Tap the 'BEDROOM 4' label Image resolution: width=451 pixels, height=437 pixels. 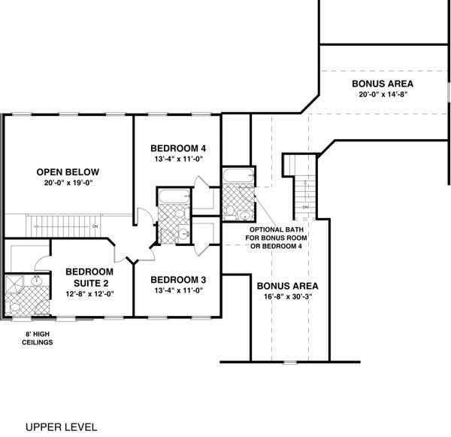177,147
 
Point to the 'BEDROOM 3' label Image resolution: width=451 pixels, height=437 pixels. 178,280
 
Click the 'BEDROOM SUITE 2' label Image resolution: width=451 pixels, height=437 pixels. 89,277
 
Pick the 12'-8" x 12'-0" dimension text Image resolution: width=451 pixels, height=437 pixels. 89,294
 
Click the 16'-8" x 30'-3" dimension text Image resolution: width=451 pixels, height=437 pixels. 287,298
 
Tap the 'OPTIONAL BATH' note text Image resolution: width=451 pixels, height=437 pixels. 277,228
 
